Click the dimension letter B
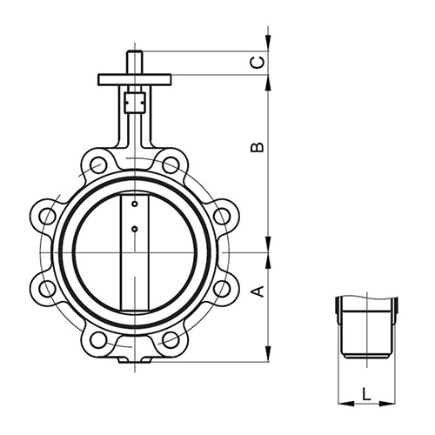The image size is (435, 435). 258,147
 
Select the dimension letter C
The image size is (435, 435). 258,62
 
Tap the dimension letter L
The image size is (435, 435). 366,393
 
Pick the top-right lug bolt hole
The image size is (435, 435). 171,164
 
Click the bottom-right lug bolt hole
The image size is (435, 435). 171,339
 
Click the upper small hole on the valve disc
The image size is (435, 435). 134,205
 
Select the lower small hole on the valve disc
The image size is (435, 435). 134,230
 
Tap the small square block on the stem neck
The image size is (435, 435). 134,103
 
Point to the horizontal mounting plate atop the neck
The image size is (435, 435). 135,80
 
